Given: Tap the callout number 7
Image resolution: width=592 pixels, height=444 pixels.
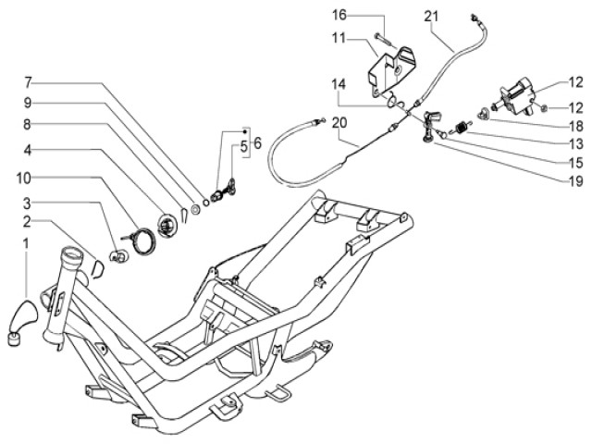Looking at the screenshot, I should [x=29, y=80].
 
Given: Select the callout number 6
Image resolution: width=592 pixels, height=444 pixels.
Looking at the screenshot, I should [x=257, y=143].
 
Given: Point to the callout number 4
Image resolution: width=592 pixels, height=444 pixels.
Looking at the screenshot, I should [x=29, y=150].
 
